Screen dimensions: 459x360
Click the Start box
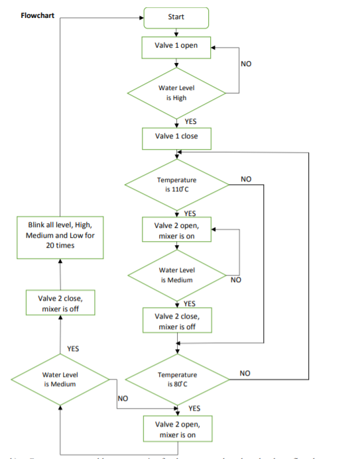(x=176, y=18)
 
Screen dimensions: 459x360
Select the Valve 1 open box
(x=176, y=46)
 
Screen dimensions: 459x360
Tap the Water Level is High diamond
(x=176, y=93)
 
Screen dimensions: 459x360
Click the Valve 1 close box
(x=176, y=137)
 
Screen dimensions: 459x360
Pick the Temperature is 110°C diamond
(x=176, y=184)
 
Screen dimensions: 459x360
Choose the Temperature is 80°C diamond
(x=176, y=380)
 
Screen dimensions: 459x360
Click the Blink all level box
(x=60, y=236)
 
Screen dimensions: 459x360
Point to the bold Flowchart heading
(x=38, y=15)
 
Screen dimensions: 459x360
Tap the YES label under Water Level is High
(x=190, y=121)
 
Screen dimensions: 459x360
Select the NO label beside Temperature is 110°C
(x=246, y=179)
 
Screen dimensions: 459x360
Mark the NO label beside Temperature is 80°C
(x=245, y=374)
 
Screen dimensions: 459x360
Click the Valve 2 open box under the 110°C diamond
(x=176, y=230)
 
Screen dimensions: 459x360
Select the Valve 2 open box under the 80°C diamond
(x=176, y=429)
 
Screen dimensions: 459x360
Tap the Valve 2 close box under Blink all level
(x=60, y=303)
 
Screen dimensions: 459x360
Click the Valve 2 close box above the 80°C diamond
(x=176, y=321)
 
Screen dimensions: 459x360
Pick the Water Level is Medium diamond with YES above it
(x=60, y=380)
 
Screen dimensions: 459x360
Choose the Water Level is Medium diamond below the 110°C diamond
(x=176, y=275)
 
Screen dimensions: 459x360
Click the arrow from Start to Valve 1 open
(x=176, y=32)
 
